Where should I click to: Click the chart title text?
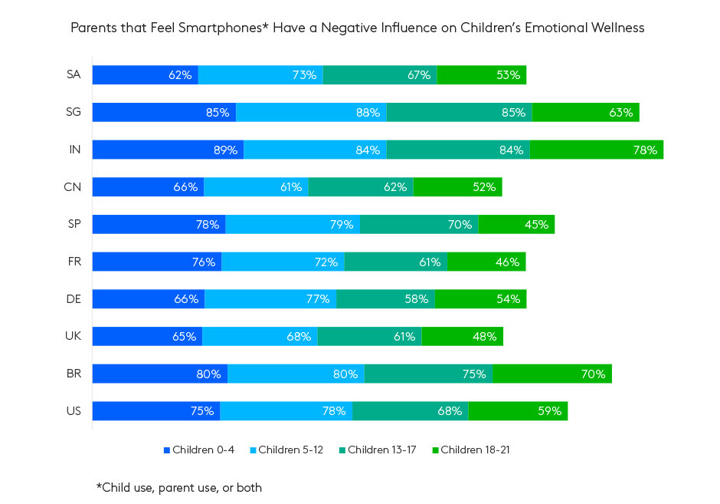358,28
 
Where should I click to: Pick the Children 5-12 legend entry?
287,450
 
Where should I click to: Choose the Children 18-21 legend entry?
470,450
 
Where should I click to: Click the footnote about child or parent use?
178,487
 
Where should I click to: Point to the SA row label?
74,74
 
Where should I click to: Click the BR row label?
74,374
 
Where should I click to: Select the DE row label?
74,298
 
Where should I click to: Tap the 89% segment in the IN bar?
168,150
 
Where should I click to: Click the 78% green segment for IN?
596,150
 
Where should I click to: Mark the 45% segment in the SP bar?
515,224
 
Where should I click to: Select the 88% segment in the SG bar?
311,112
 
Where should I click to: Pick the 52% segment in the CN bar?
457,186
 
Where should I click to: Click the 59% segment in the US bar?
518,410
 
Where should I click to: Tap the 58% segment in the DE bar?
385,298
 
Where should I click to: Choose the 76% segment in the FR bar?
157,262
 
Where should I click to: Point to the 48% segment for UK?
462,336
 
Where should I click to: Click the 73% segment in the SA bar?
260,74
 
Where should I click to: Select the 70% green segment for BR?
551,374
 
